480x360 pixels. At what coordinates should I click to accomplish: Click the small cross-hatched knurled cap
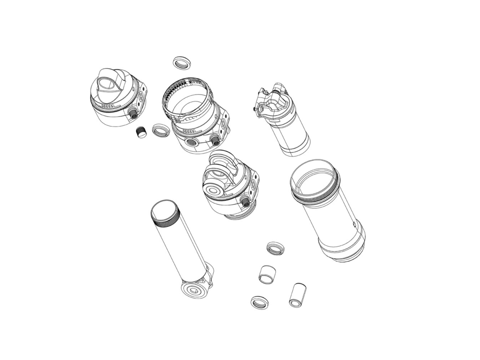click(x=140, y=132)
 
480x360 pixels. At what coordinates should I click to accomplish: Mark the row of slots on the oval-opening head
click(x=108, y=107)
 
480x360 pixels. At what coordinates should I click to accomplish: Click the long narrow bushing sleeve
click(x=296, y=295)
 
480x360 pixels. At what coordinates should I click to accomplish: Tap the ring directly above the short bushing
click(x=275, y=248)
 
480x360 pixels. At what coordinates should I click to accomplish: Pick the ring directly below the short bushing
click(x=259, y=302)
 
